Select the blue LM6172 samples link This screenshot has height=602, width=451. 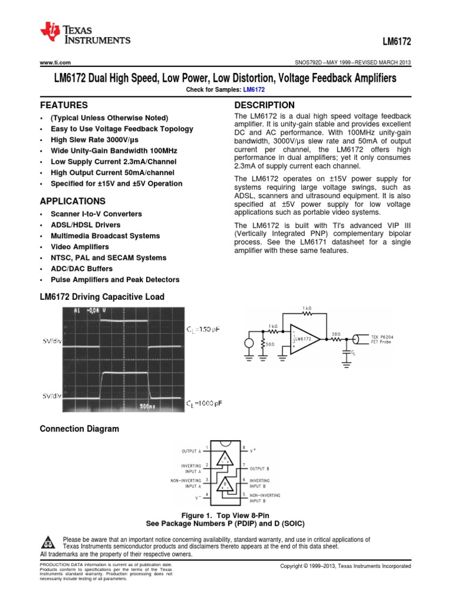(x=254, y=89)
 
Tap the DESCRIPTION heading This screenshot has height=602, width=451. (x=264, y=105)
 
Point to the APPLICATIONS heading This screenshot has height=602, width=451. (x=72, y=201)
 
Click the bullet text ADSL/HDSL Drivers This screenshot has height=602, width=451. (x=85, y=225)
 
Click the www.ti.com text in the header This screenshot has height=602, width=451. (x=55, y=63)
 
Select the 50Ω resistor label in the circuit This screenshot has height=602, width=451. (x=270, y=345)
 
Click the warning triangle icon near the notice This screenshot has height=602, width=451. (x=49, y=542)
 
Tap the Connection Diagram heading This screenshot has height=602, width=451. (x=79, y=429)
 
